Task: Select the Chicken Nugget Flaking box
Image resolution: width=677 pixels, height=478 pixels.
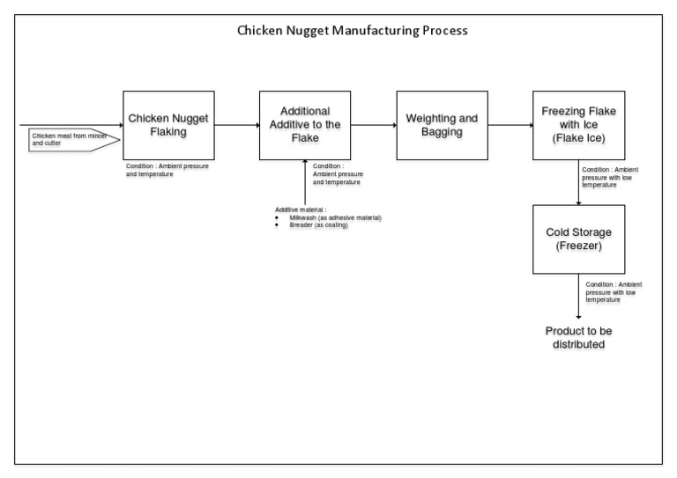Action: tap(167, 125)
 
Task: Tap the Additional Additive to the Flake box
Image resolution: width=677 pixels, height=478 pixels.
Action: tap(304, 125)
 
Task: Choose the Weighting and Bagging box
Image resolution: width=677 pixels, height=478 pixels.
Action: tap(442, 125)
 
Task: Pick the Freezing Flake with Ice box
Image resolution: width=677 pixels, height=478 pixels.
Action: tap(578, 125)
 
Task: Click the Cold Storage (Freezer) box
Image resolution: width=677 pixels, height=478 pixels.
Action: tap(578, 239)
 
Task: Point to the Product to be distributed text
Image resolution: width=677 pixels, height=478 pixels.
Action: tap(578, 337)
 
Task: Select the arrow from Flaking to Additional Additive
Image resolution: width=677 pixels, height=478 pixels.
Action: tap(236, 125)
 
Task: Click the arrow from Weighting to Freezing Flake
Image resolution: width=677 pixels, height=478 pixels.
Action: tap(510, 125)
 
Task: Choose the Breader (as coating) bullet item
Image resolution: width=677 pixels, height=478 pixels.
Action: tap(318, 225)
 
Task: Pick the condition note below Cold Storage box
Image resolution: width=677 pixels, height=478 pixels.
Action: tap(614, 290)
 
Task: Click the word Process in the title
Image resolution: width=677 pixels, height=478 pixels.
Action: tap(443, 30)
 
